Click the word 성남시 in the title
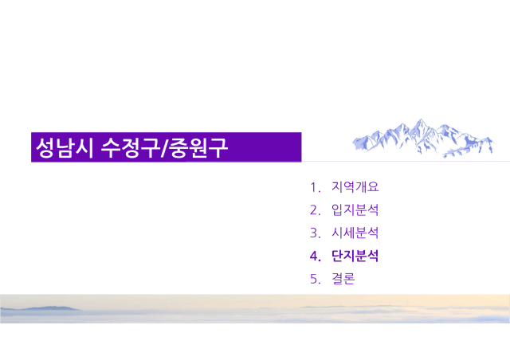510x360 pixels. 65,147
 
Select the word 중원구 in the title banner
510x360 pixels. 198,147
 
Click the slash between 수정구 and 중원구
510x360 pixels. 165,148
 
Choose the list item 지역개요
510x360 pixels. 355,187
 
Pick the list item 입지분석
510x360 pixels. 355,209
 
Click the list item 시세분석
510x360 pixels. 355,233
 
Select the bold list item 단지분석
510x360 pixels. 355,256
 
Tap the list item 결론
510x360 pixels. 343,279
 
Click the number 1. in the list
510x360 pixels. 316,188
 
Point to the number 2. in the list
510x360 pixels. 316,210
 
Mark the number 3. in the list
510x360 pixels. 316,233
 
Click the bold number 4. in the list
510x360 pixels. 316,256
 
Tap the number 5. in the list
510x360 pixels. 316,280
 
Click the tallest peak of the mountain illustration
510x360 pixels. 421,119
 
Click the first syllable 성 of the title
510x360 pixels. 45,147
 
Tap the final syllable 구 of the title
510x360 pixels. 218,147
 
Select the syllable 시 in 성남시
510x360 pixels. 85,147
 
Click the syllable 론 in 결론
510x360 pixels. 349,279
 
